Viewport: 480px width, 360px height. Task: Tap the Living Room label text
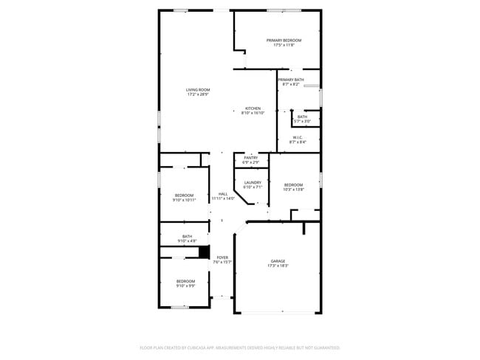click(x=197, y=90)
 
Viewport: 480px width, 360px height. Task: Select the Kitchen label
click(x=253, y=108)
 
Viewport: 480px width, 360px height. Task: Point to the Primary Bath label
click(x=290, y=80)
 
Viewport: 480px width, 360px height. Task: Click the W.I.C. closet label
click(x=298, y=137)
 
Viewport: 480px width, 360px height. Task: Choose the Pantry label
click(x=250, y=158)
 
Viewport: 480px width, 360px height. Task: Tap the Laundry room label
click(x=253, y=182)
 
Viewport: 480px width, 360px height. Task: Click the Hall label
click(x=222, y=193)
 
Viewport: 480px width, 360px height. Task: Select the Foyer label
click(x=222, y=257)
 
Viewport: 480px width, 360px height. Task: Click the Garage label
click(x=278, y=261)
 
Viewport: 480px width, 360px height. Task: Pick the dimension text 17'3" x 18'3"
click(x=278, y=266)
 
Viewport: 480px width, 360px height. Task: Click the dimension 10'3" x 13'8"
click(x=293, y=190)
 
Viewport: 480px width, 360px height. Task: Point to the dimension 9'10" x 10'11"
click(x=184, y=199)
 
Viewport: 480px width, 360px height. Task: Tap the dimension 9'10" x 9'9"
click(x=185, y=285)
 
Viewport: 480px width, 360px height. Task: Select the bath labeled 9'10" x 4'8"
click(x=187, y=239)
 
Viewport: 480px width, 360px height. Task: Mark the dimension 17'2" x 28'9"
click(x=197, y=94)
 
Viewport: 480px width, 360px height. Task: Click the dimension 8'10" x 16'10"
click(x=253, y=113)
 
